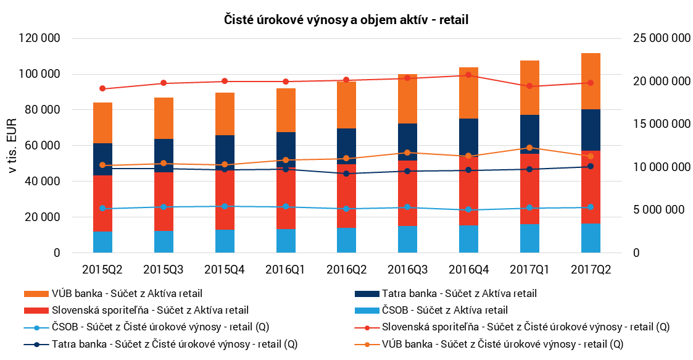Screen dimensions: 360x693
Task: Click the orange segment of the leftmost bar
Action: [x=102, y=122]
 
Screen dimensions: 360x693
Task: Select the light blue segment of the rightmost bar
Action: [x=591, y=238]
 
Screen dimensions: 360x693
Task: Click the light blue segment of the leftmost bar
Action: [x=102, y=242]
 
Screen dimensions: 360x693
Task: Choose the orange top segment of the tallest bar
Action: [x=591, y=81]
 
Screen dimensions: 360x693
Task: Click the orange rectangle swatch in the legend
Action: [x=36, y=294]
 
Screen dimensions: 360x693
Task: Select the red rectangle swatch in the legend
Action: [x=36, y=311]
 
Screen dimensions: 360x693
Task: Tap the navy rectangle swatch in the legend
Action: [x=367, y=294]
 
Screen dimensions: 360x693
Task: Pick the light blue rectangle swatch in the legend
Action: [x=367, y=311]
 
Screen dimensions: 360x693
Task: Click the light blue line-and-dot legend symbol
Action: [x=36, y=328]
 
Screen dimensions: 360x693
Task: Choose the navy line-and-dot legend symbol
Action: [x=36, y=345]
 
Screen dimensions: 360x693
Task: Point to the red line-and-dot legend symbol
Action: [x=367, y=328]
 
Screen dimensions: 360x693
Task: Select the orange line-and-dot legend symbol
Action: [x=367, y=345]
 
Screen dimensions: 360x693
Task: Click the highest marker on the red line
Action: [x=468, y=75]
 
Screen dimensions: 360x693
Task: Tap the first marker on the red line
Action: [x=102, y=88]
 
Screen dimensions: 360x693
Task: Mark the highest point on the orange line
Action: [x=529, y=148]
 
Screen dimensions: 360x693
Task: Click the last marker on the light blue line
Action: [x=591, y=207]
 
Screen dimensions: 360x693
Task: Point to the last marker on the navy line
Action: [x=591, y=166]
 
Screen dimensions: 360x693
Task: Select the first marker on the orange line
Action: [x=102, y=165]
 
